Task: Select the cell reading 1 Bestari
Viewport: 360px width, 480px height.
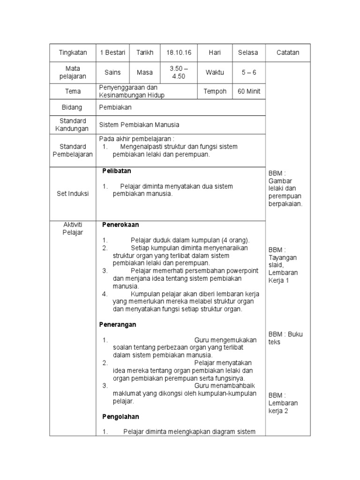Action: (x=112, y=52)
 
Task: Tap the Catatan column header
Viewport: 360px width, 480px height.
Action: (x=287, y=52)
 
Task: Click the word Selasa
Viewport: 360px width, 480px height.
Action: (x=248, y=52)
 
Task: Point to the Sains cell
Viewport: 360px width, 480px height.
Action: (x=112, y=72)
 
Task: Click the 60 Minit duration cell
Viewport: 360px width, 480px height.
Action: (x=248, y=91)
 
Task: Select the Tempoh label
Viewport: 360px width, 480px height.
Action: (x=215, y=91)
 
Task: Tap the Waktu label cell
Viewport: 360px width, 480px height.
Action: (x=215, y=72)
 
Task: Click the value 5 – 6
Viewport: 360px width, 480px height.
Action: (x=248, y=72)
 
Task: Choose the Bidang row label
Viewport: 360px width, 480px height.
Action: (x=72, y=107)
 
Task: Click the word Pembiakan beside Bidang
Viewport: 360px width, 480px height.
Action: (x=116, y=107)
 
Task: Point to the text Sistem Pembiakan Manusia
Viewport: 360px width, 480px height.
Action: (x=139, y=125)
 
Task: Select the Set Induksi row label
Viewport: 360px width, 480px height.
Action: (x=72, y=193)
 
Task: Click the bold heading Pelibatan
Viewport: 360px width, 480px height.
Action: (x=117, y=171)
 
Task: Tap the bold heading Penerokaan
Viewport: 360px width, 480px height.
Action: (x=120, y=225)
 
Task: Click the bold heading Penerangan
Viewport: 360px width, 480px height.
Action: (x=118, y=324)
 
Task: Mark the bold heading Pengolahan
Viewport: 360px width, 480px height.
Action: (x=120, y=416)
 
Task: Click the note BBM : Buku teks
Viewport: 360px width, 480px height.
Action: (x=285, y=338)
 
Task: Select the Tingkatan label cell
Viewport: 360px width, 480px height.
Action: (x=72, y=52)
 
